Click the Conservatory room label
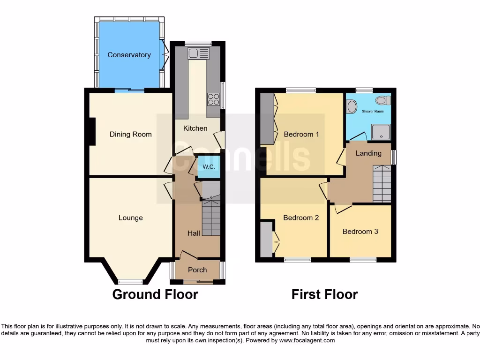click(129, 55)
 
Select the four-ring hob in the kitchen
click(213, 99)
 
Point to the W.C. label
click(209, 167)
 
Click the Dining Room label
click(130, 135)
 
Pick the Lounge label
click(130, 218)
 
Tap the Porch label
click(197, 270)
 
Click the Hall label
click(194, 233)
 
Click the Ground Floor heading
click(155, 294)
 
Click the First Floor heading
click(324, 294)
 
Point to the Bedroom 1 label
click(301, 135)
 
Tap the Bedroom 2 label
click(301, 218)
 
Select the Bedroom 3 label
click(360, 232)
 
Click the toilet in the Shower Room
click(383, 100)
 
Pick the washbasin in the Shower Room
click(352, 106)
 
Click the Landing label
click(368, 153)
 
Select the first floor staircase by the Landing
click(382, 184)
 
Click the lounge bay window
click(130, 282)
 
